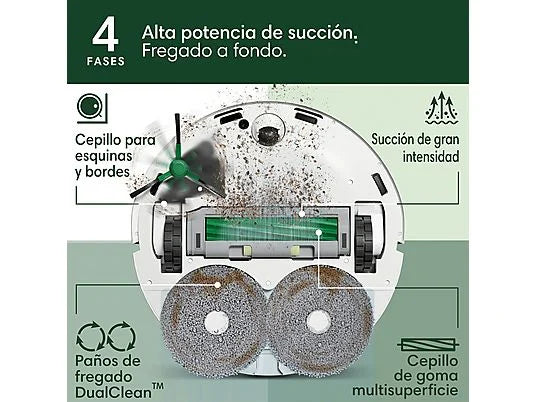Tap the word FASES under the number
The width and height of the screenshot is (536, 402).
pos(106,62)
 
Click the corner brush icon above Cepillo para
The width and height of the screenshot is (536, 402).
pos(92,108)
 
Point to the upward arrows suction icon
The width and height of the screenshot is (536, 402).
pos(442,108)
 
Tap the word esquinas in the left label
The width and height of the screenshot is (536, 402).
pos(104,156)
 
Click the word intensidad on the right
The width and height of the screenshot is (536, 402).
pos(431,157)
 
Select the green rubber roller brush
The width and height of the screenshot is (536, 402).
pos(271,229)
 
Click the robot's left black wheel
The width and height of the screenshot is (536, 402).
pos(172,243)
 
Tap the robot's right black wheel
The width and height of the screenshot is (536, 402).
pos(365,243)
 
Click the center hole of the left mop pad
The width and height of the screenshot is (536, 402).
pos(216,322)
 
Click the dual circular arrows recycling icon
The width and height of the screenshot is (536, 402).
pos(106,337)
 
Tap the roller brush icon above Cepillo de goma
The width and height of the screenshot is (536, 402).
pos(428,345)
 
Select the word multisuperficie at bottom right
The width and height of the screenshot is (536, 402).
pos(405,390)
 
